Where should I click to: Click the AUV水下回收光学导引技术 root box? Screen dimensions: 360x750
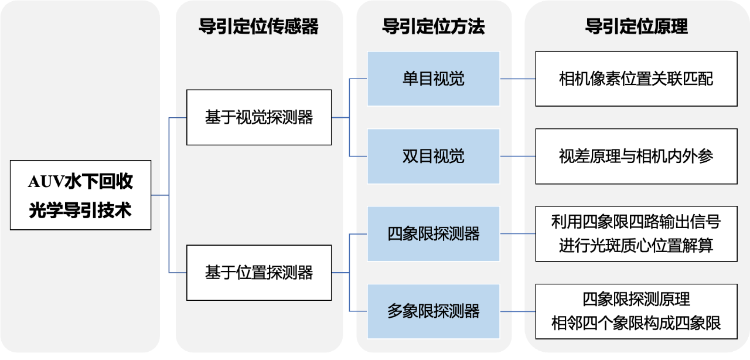pyautogui.click(x=80, y=195)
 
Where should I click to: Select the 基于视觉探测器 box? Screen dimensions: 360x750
pyautogui.click(x=259, y=117)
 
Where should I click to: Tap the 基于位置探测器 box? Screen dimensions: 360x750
pyautogui.click(x=259, y=273)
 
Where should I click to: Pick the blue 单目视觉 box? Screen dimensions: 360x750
pyautogui.click(x=434, y=79)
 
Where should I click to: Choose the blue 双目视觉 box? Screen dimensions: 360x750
pyautogui.click(x=434, y=156)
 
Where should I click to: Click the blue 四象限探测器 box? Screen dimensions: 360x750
pyautogui.click(x=434, y=233)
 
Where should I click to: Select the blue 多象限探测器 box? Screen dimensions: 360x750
pyautogui.click(x=434, y=311)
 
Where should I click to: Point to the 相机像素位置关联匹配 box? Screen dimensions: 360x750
pyautogui.click(x=636, y=79)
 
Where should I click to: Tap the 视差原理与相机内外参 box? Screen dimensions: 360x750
pyautogui.click(x=636, y=156)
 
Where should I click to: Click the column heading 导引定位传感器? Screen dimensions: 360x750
pyautogui.click(x=259, y=27)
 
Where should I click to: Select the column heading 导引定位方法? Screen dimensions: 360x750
pyautogui.click(x=434, y=27)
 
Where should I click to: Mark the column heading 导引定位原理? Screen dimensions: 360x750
pyautogui.click(x=636, y=27)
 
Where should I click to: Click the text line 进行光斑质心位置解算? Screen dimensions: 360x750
pyautogui.click(x=636, y=245)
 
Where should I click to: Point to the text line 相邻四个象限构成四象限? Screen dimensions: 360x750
pyautogui.click(x=636, y=323)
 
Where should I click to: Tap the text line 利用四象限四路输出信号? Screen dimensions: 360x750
pyautogui.click(x=636, y=222)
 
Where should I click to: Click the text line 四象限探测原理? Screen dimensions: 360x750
pyautogui.click(x=636, y=300)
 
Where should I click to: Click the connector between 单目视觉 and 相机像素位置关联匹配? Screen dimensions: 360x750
pyautogui.click(x=517, y=79)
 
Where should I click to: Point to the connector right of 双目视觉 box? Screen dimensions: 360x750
pyautogui.click(x=517, y=156)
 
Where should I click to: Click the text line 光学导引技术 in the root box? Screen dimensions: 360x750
pyautogui.click(x=80, y=210)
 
